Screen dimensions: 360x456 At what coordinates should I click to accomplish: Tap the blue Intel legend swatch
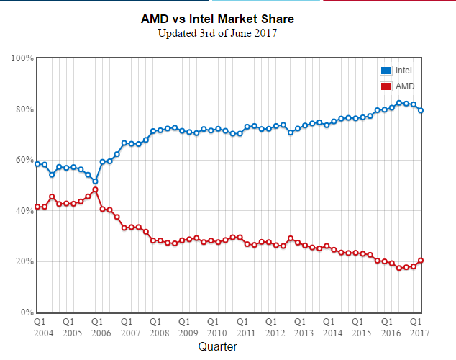pos(386,71)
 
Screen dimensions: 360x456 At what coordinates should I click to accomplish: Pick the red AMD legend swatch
pos(386,86)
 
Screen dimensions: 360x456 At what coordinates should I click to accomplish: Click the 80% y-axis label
pos(25,109)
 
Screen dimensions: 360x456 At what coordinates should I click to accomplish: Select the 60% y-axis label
pos(25,160)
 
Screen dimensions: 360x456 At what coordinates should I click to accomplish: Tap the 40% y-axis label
pos(25,211)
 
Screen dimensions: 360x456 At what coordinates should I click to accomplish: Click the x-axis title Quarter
pos(217,346)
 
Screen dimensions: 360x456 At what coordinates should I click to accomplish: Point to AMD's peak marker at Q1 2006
pos(95,190)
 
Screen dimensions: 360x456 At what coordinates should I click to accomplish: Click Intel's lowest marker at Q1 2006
pos(95,181)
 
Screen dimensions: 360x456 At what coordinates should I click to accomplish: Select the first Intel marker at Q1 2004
pos(37,164)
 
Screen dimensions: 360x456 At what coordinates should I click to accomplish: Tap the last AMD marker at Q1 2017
pos(421,261)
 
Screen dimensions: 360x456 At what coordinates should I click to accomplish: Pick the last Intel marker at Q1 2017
pos(421,110)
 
